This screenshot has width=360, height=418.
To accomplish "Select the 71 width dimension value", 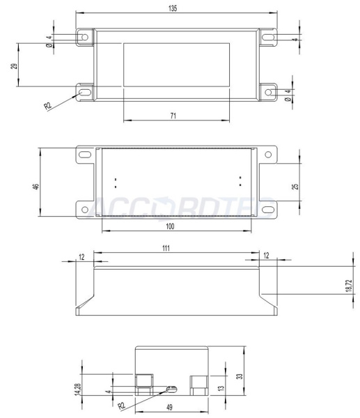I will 173,116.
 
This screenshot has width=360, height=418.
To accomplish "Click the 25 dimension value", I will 295,187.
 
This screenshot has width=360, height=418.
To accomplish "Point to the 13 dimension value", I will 222,388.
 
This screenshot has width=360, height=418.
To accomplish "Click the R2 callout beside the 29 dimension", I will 47,106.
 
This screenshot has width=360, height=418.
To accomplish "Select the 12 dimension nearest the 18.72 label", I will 266,256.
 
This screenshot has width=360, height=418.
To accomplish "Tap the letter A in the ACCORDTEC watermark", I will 96,207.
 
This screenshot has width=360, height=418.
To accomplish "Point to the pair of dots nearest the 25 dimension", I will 240,182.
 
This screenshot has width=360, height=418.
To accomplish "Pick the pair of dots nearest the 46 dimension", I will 115,182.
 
